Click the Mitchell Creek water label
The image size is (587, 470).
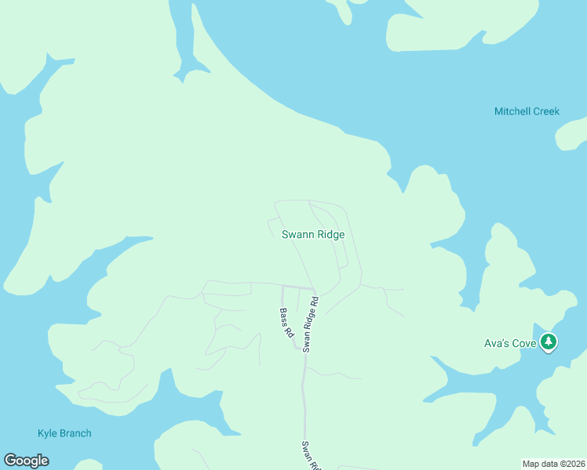(x=527, y=111)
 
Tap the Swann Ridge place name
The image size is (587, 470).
(x=313, y=234)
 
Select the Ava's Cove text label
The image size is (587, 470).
(x=509, y=342)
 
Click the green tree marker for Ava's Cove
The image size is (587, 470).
(x=549, y=342)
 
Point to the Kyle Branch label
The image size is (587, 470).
(x=64, y=433)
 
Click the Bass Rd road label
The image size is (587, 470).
(x=286, y=323)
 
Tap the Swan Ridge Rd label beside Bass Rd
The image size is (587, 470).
(x=311, y=323)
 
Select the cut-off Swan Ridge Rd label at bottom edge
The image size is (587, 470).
(x=310, y=456)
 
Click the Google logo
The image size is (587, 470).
(x=26, y=461)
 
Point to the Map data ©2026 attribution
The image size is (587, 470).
(x=553, y=464)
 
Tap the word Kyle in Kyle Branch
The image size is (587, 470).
(x=47, y=433)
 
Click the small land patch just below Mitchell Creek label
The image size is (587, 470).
(x=573, y=135)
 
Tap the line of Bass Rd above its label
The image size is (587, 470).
(x=283, y=298)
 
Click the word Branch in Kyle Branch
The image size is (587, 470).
(x=75, y=433)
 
